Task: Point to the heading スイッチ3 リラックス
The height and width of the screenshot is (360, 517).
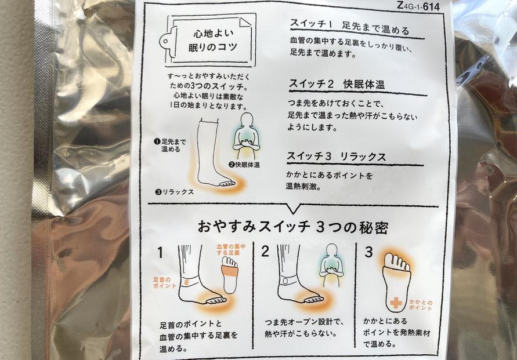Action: click(x=337, y=157)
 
